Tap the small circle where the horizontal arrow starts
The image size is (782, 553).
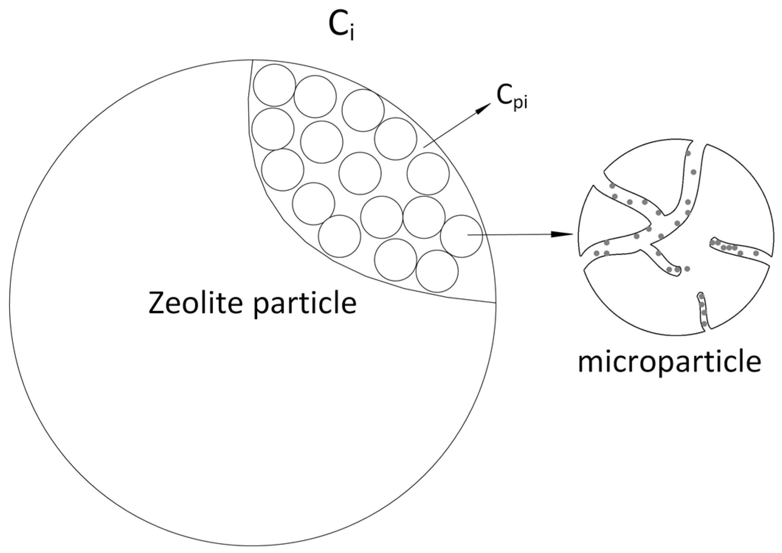click(x=461, y=236)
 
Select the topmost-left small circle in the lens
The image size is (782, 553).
click(x=274, y=85)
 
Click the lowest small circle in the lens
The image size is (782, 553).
click(x=437, y=271)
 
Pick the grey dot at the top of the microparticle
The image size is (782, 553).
click(x=688, y=153)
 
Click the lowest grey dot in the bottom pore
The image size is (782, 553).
click(x=704, y=324)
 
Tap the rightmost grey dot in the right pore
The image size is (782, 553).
click(x=756, y=253)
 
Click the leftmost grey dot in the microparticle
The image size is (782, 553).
click(x=596, y=253)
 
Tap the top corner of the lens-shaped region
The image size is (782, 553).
click(x=252, y=60)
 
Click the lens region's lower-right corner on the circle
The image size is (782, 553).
click(x=495, y=303)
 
